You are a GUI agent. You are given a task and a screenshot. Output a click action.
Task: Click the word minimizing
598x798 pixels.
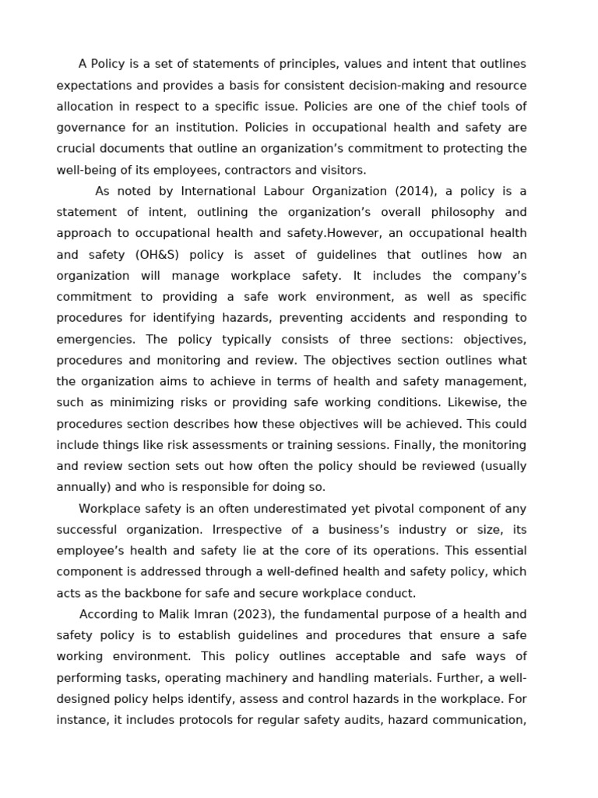click(x=126, y=403)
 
